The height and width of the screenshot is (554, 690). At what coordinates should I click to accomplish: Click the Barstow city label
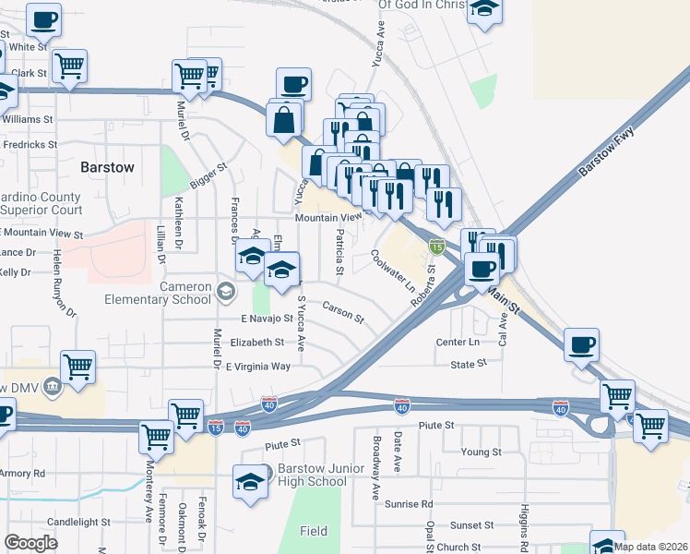(108, 167)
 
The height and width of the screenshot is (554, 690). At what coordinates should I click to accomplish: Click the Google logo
(30, 543)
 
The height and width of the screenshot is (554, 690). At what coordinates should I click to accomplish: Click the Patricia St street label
(340, 253)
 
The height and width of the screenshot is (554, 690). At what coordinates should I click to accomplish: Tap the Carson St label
(343, 310)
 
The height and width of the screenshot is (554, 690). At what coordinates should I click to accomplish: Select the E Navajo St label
(267, 318)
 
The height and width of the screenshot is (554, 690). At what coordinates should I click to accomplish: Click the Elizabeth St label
(257, 342)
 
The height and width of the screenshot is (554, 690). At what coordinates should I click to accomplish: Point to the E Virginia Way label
(259, 367)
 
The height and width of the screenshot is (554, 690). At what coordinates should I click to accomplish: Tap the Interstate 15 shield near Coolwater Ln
(438, 247)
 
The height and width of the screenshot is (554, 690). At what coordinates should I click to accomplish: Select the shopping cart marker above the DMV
(78, 367)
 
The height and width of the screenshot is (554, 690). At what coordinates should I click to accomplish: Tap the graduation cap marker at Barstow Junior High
(250, 483)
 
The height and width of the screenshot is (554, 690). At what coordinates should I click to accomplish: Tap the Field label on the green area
(314, 531)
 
